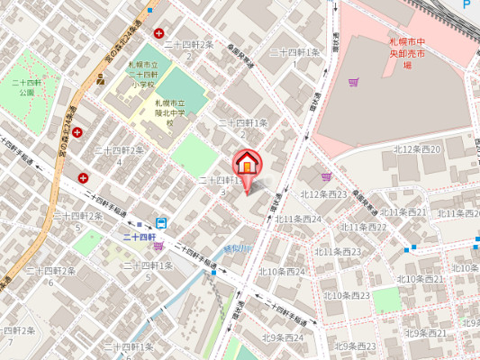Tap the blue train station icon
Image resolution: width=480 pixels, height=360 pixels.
160,223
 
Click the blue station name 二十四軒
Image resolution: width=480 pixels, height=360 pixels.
140,237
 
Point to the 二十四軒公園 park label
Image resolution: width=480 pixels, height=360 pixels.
24,87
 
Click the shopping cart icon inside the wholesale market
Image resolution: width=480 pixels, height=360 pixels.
353,83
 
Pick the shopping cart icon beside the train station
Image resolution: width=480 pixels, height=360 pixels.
158,246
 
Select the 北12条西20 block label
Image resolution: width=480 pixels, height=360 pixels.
417,149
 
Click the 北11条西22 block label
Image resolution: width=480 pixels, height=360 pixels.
364,227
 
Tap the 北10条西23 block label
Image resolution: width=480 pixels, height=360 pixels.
347,295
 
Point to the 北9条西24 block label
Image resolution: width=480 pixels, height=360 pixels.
283,337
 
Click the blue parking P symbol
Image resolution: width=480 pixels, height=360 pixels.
466,4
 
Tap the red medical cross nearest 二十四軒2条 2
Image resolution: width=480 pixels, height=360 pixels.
159,33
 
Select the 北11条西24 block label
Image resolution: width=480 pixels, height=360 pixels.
298,219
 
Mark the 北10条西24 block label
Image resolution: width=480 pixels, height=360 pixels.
283,271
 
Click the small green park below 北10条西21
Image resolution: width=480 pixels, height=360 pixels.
385,298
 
